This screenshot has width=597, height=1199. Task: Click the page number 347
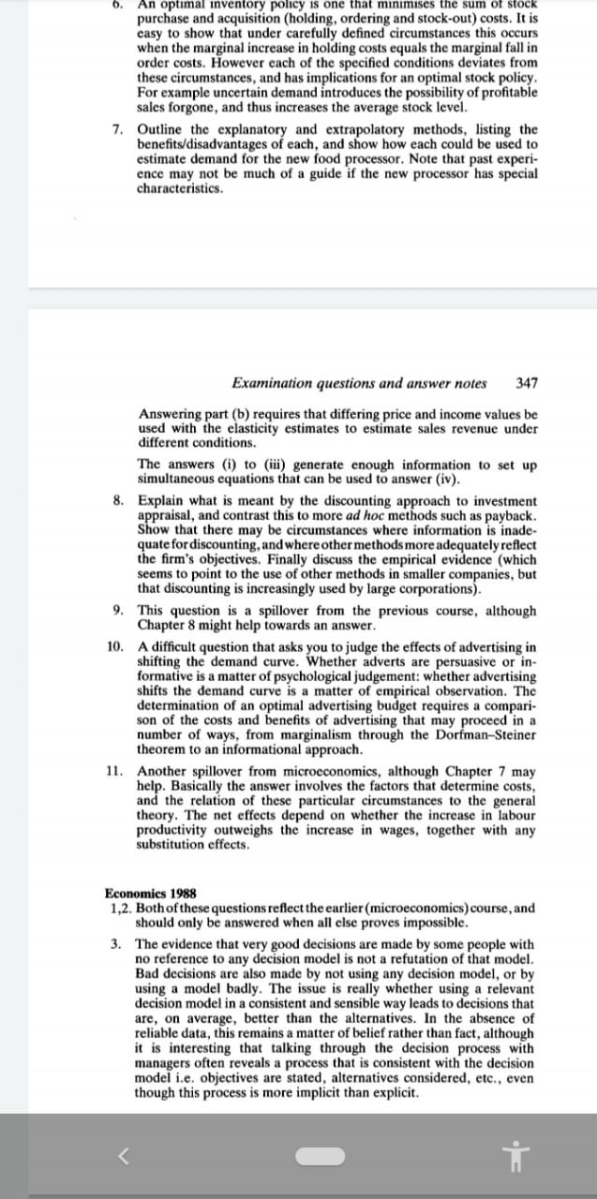click(527, 383)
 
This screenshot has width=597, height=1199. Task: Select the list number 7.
click(117, 129)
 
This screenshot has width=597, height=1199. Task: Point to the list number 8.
click(117, 501)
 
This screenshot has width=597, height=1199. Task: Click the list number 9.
click(117, 611)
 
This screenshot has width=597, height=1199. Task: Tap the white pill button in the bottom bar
click(321, 1156)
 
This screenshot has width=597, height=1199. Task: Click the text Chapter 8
click(166, 626)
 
